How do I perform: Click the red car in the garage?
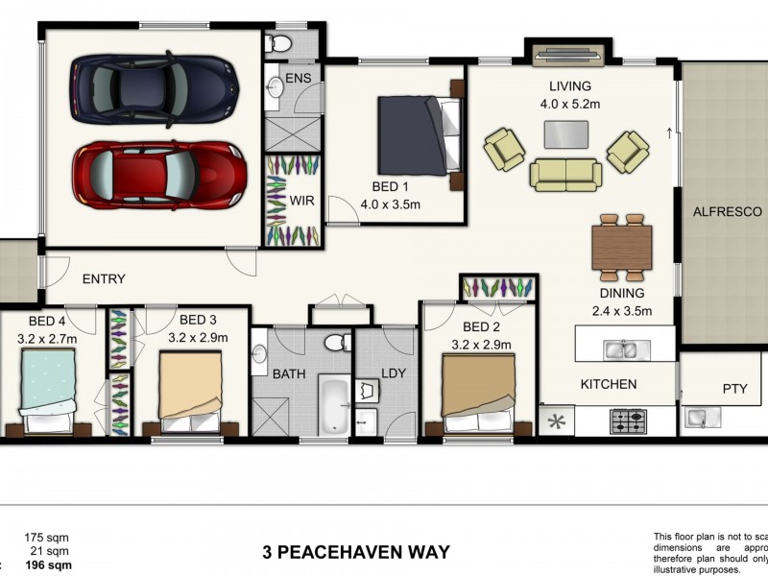158,176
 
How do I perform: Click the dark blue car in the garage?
154,88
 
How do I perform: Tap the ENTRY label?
104,279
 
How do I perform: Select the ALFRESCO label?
727,211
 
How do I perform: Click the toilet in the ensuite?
279,43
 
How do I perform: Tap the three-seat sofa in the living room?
565,174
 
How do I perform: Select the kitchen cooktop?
628,421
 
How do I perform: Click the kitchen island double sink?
619,349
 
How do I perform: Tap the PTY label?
734,390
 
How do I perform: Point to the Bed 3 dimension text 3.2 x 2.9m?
199,338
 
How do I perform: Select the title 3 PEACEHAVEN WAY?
356,552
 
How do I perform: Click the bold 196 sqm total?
48,565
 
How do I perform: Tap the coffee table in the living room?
566,134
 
